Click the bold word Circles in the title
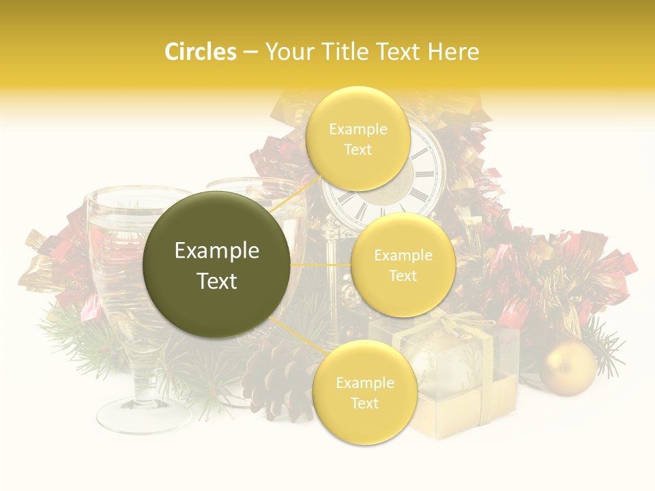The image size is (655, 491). [x=200, y=52]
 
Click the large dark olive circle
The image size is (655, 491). [x=217, y=265]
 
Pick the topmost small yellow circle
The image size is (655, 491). [x=357, y=138]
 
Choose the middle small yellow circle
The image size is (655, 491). [x=403, y=265]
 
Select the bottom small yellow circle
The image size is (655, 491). [x=364, y=392]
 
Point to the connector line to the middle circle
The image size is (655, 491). [x=320, y=265]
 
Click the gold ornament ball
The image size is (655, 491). [x=568, y=368]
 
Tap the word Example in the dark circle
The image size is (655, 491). [x=217, y=251]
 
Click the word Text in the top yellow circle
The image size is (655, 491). [x=358, y=149]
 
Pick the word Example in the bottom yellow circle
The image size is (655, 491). [x=364, y=383]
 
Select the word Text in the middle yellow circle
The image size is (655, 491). [x=403, y=276]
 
